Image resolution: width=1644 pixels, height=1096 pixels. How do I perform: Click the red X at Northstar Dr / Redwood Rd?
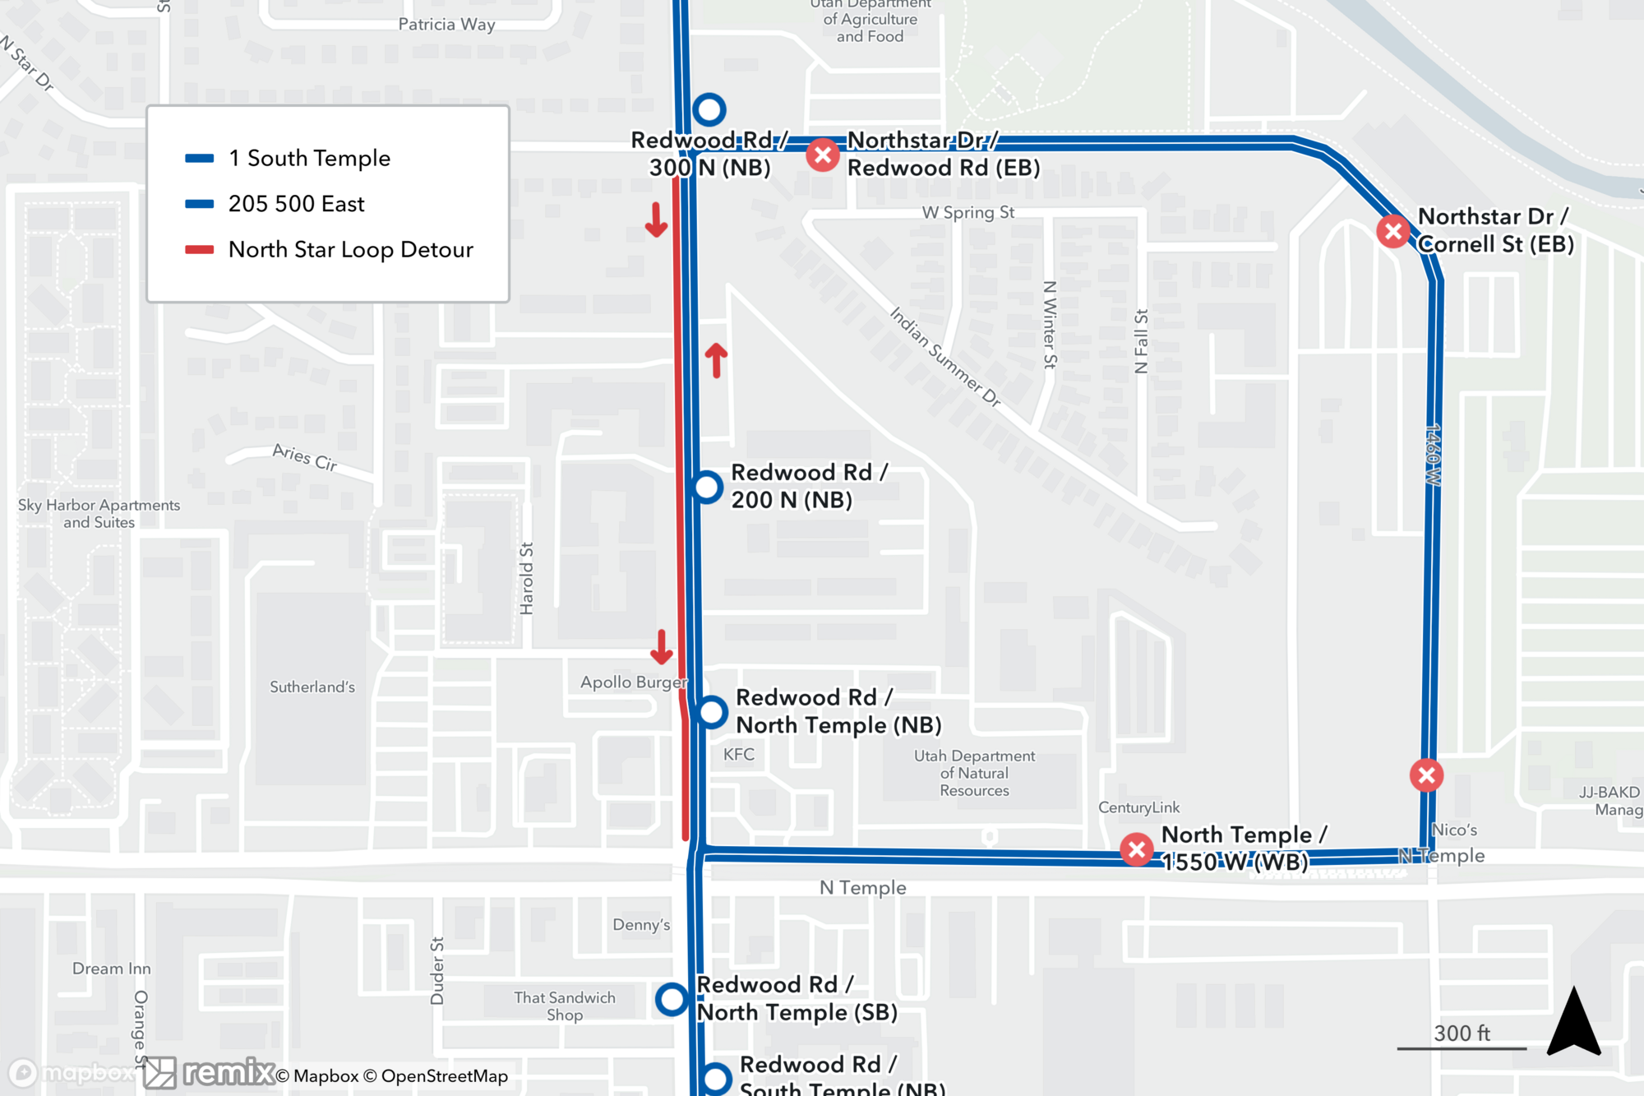tap(822, 155)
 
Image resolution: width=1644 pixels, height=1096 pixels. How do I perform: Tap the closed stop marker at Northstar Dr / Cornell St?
tap(1393, 231)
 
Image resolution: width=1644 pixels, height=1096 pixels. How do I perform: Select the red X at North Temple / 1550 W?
tap(1137, 849)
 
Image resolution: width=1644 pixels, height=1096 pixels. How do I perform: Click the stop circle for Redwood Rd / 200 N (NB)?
tap(707, 487)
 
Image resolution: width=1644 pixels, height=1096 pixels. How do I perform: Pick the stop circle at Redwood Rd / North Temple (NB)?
tap(712, 711)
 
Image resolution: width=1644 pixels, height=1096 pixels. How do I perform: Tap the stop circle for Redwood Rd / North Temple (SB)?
tap(672, 999)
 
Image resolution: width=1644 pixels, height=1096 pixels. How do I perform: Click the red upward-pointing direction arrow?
tap(716, 360)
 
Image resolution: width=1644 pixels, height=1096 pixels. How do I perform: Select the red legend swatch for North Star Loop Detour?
tap(200, 250)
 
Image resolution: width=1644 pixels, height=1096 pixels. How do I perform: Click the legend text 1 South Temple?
tap(309, 158)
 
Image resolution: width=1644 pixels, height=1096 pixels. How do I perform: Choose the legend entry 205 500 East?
tap(296, 204)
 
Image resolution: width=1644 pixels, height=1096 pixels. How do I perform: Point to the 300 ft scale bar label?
tap(1462, 1033)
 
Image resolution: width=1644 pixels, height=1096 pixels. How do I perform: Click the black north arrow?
tap(1573, 1024)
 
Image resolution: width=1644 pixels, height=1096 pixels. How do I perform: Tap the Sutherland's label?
tap(312, 687)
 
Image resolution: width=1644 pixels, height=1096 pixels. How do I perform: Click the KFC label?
tap(738, 754)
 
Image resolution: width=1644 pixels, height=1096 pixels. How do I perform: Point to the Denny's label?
tap(641, 924)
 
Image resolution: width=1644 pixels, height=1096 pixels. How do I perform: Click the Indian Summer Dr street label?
tap(945, 357)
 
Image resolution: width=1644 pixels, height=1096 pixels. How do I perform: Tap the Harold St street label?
tap(527, 578)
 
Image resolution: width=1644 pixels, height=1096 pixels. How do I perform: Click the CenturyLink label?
tap(1138, 807)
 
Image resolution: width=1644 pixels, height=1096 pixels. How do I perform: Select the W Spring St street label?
tap(967, 213)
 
